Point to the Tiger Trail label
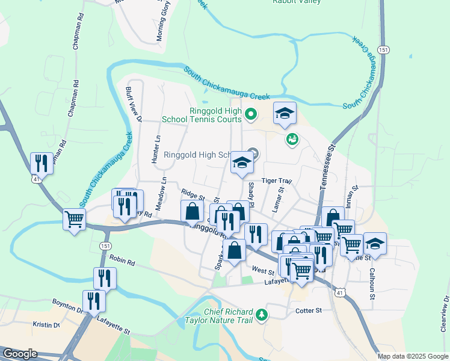pyautogui.click(x=276, y=181)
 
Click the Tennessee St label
pyautogui.click(x=327, y=168)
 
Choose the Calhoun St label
pyautogui.click(x=372, y=284)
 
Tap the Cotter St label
pyautogui.click(x=309, y=310)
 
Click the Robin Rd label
pyautogui.click(x=122, y=259)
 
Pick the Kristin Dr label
pyautogui.click(x=47, y=324)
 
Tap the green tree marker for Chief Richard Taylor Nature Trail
pyautogui.click(x=261, y=315)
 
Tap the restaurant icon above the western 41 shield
pyautogui.click(x=41, y=162)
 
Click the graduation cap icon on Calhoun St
pyautogui.click(x=375, y=243)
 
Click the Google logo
pyautogui.click(x=19, y=354)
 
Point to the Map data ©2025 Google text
pyautogui.click(x=413, y=356)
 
